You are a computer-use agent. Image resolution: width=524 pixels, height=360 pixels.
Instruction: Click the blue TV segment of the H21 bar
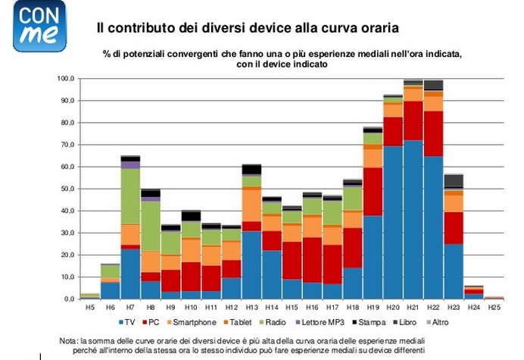point(413,220)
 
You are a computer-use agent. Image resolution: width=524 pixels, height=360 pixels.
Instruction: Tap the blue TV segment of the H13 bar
point(251,265)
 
